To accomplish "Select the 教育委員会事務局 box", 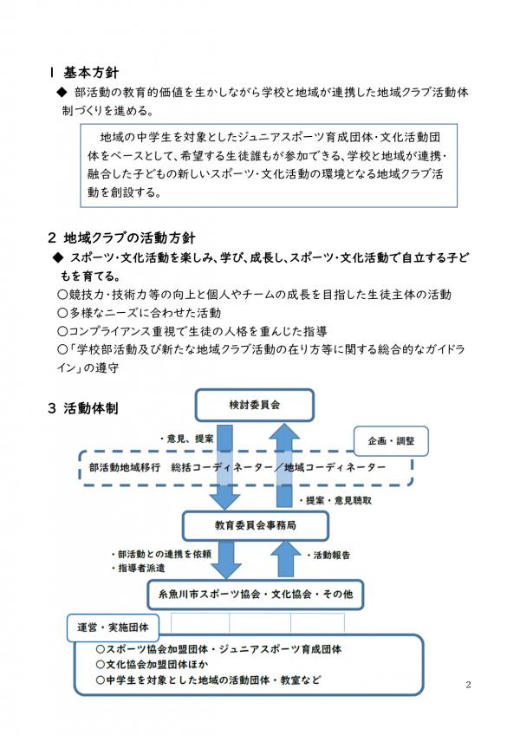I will [x=244, y=525].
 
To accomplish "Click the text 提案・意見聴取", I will [x=337, y=501].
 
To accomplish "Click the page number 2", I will [x=468, y=686].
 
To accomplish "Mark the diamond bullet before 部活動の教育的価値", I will [x=61, y=92].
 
